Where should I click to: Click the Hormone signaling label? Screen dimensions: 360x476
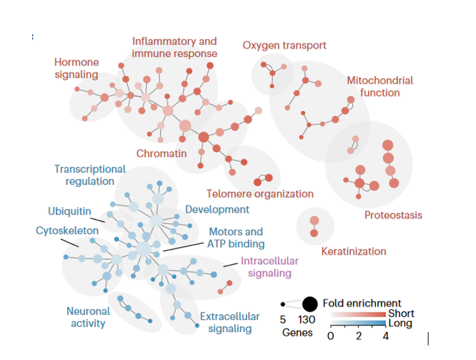(x=76, y=68)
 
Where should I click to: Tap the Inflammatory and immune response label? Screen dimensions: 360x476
(x=174, y=48)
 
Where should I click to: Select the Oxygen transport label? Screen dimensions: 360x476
(x=285, y=46)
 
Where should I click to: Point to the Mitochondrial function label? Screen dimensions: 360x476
(x=380, y=87)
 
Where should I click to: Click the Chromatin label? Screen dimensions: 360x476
(x=162, y=153)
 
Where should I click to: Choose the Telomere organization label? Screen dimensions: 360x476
(x=260, y=194)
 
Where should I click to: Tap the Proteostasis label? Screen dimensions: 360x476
(x=393, y=215)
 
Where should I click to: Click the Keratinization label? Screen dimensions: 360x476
(x=354, y=251)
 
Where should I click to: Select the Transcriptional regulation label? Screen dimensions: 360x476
(x=90, y=175)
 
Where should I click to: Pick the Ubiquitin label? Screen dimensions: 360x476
(x=70, y=211)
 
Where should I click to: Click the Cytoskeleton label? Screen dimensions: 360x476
(x=67, y=231)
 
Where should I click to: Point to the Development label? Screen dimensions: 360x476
(x=217, y=209)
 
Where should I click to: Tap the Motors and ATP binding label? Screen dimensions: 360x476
(x=236, y=238)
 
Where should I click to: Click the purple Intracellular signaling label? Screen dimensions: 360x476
(x=269, y=267)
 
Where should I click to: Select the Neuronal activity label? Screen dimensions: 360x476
(x=88, y=317)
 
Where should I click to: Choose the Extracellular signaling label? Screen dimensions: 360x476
(x=230, y=323)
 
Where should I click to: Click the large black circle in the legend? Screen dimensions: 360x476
(x=310, y=304)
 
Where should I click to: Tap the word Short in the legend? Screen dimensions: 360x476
(x=401, y=314)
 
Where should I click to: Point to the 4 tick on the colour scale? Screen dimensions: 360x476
(x=386, y=336)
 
